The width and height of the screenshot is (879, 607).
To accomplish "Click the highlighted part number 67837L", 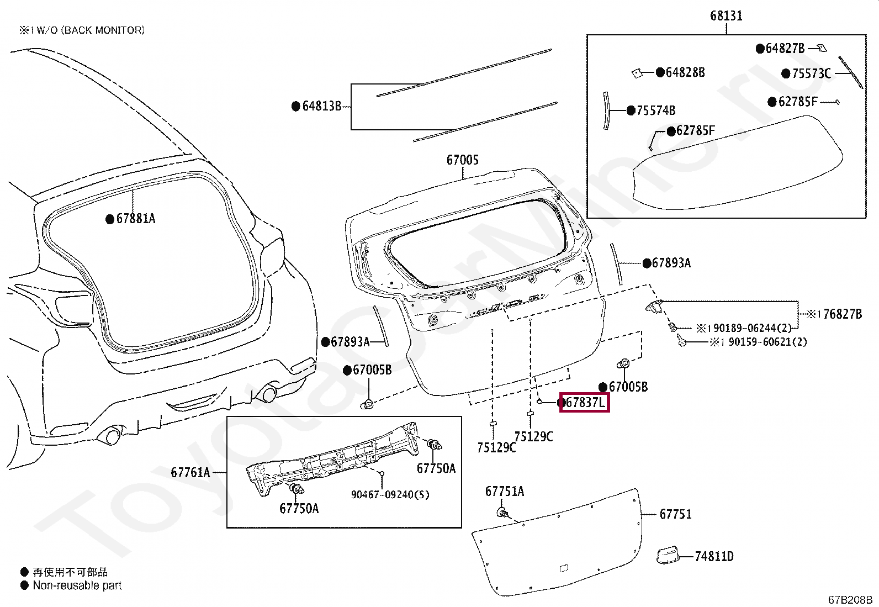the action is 585,403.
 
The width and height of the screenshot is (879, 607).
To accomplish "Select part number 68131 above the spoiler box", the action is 727,15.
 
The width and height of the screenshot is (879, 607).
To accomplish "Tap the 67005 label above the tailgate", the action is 463,160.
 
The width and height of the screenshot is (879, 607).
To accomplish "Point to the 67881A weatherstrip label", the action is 136,219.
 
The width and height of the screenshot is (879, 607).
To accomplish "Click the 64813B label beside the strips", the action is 322,106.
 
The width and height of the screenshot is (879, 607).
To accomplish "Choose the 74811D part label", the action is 714,556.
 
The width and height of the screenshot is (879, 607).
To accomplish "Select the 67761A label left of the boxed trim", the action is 190,472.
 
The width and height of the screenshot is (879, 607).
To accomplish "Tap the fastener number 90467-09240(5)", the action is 390,495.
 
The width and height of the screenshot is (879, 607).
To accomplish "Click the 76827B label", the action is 843,314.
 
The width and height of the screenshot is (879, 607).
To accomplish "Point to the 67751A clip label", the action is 505,491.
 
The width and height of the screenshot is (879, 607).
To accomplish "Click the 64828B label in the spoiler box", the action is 685,72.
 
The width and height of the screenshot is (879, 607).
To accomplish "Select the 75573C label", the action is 812,73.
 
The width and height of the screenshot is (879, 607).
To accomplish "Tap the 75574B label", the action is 656,110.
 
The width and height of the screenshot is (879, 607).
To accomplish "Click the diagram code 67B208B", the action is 850,600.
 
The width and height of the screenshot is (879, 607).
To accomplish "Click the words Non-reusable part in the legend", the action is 77,585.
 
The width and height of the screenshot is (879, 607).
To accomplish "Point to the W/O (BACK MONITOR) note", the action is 90,30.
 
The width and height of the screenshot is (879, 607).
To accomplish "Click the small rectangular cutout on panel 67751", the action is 564,568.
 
